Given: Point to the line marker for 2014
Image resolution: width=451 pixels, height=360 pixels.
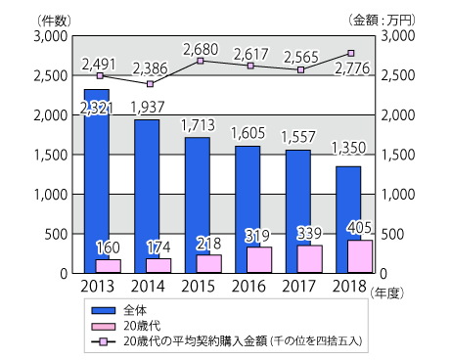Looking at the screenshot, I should point(149,84).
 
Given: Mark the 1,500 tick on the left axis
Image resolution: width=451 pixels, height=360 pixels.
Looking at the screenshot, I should point(51,155).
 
